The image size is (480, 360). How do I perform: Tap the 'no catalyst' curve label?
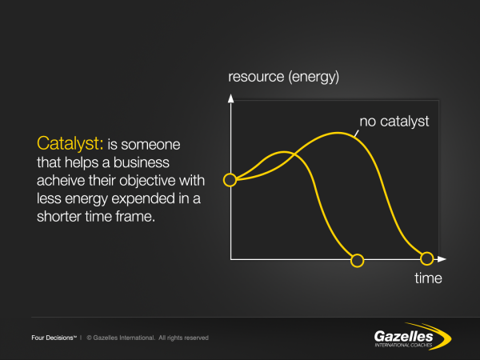[x=394, y=122]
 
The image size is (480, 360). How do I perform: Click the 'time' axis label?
[x=428, y=278]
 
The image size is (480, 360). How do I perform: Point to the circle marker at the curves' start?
[x=230, y=180]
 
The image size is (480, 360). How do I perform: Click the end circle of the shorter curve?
[x=358, y=259]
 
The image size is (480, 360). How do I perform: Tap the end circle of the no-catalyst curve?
[x=427, y=258]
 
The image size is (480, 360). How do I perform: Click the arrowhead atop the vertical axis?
[x=230, y=98]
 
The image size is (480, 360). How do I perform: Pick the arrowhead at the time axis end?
[x=441, y=259]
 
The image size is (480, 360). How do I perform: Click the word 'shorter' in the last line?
[x=59, y=218]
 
